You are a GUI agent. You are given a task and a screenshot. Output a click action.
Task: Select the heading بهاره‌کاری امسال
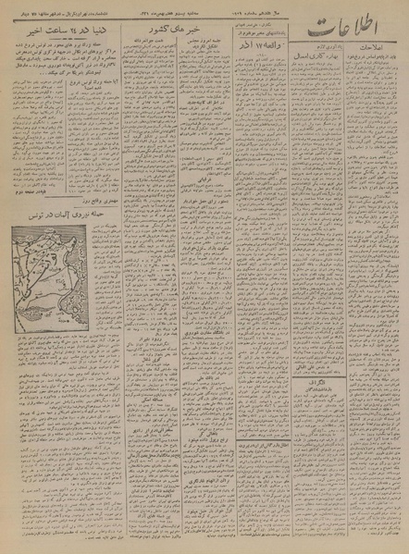(x=317, y=54)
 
